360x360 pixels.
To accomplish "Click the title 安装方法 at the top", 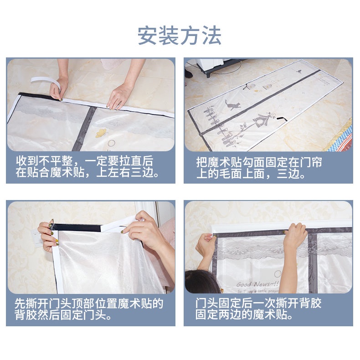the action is click(180, 36).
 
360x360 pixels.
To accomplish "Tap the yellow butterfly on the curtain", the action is click(101, 133).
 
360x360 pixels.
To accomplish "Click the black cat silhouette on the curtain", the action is click(232, 105).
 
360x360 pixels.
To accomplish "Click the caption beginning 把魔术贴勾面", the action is click(259, 168).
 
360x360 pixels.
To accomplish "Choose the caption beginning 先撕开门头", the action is click(89, 309).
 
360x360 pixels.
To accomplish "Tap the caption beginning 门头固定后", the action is click(258, 309).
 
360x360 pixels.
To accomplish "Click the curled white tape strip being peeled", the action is click(46, 83).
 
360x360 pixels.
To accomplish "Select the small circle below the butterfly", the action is click(111, 143).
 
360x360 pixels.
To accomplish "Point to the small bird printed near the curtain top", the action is click(298, 72).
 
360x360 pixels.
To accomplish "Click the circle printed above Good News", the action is click(278, 274).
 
